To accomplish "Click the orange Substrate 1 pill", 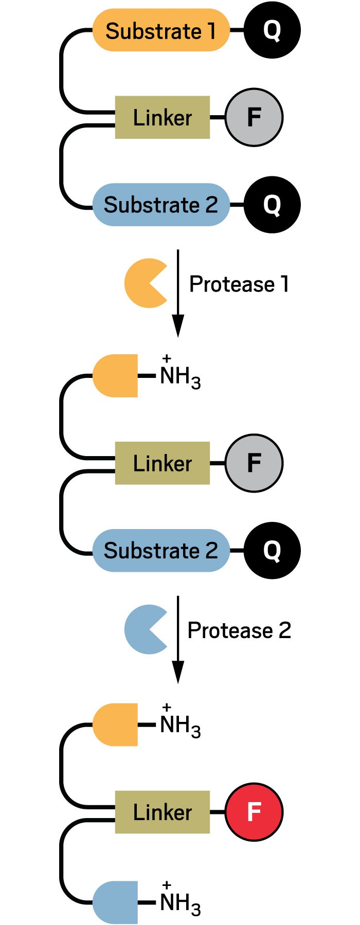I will [160, 30].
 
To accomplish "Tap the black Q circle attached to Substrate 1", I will [272, 30].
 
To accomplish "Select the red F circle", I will [254, 812].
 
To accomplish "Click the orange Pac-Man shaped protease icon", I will [144, 283].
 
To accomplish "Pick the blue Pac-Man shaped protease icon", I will [144, 629].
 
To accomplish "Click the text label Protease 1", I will [239, 284].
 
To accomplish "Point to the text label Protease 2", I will [239, 630].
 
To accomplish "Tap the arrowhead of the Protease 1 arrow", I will [178, 325].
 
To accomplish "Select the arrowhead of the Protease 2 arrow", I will [178, 671].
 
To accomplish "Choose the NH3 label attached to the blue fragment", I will [180, 903].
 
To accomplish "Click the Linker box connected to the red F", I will [163, 812].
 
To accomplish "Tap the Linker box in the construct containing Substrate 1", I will [163, 117].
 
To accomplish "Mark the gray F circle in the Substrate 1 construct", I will [254, 117].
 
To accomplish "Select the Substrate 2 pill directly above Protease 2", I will [160, 550].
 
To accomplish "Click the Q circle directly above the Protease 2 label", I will [272, 550].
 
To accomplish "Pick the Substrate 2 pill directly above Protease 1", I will [160, 205].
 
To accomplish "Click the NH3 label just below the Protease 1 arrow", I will [180, 376].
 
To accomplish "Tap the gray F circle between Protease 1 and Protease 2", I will [254, 463].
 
